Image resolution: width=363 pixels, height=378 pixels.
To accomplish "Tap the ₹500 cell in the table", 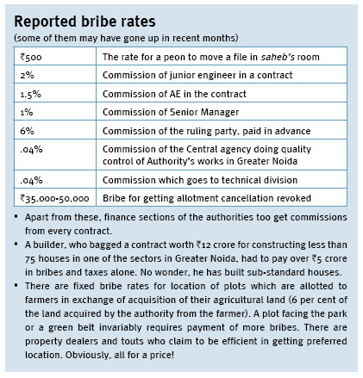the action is click(x=55, y=56).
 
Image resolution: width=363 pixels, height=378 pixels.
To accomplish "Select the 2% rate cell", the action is click(x=55, y=74).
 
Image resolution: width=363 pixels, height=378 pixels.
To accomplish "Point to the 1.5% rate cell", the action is click(x=55, y=93).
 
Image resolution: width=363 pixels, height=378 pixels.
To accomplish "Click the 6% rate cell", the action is click(x=55, y=130).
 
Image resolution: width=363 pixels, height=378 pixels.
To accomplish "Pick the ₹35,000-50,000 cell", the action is click(x=55, y=197).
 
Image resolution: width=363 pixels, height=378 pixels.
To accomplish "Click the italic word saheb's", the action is click(x=278, y=57).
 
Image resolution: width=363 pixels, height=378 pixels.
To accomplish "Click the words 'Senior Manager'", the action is click(x=204, y=112).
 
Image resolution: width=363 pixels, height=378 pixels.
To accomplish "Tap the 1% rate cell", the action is click(x=55, y=111).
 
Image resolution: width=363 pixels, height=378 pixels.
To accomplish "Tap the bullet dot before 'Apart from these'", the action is click(x=16, y=216).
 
